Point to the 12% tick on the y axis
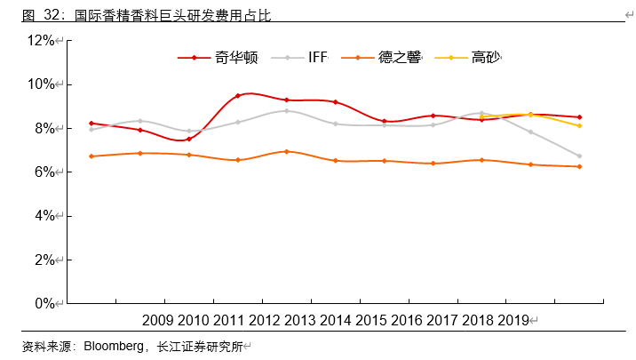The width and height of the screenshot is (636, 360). (41, 41)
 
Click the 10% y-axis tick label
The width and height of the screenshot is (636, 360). (41, 84)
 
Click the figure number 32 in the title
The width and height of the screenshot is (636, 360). (52, 14)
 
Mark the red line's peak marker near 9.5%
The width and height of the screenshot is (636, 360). (238, 96)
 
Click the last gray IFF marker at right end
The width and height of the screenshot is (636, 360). (579, 156)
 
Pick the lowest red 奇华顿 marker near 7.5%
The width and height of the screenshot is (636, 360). (189, 139)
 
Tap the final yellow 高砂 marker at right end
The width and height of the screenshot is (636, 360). (579, 126)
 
